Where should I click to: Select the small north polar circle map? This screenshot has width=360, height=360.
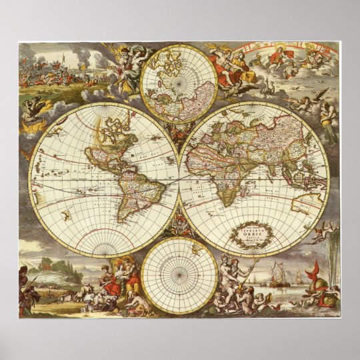point(179,83)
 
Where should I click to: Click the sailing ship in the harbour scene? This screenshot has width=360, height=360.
point(281,273)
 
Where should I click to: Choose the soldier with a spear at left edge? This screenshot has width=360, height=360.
point(25,287)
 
